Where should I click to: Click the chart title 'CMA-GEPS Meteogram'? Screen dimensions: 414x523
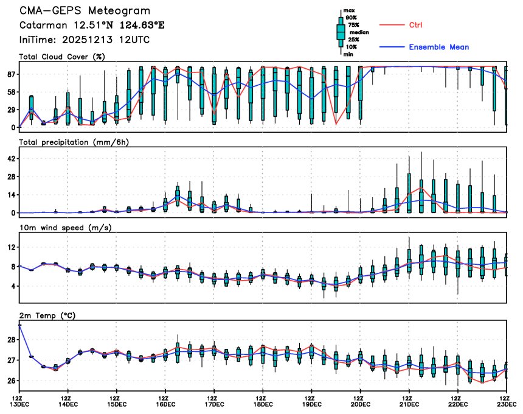tap(85, 11)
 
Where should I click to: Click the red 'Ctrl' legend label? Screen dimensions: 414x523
tap(415, 25)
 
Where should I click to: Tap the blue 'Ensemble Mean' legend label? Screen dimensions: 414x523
tap(438, 47)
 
